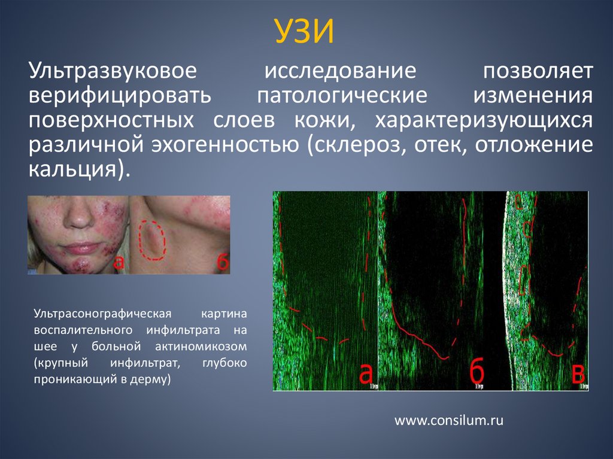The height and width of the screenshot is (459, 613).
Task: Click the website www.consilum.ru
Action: coord(448,421)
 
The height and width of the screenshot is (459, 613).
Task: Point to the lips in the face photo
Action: coord(82,247)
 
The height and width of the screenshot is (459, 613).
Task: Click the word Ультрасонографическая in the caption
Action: coord(103,314)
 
